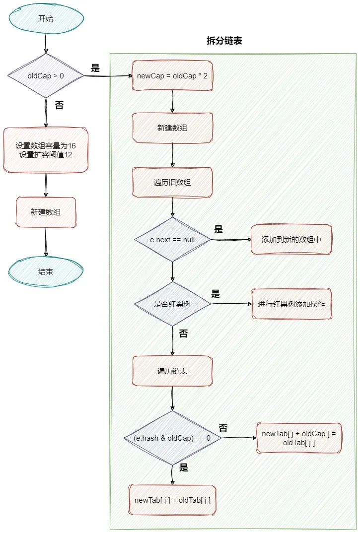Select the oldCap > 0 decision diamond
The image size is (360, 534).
tap(46, 75)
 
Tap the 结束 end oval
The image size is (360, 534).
tap(46, 271)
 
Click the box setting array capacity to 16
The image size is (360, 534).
tap(46, 150)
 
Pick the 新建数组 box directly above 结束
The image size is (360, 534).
tap(46, 212)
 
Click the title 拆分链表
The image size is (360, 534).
tap(224, 41)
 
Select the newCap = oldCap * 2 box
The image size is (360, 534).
tap(172, 75)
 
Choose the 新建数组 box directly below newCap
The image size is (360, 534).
tap(172, 128)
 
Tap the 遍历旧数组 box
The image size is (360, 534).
tap(172, 182)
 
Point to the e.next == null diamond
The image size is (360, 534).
tap(172, 239)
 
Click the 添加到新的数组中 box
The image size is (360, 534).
tap(291, 239)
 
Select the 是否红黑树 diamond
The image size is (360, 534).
tap(172, 304)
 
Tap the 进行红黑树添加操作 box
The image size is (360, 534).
tap(291, 304)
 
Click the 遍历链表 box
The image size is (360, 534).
tap(172, 371)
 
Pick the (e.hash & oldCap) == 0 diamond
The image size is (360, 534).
tap(172, 438)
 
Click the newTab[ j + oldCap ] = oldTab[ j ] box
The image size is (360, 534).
tap(299, 438)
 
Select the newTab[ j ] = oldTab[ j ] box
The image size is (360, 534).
tap(172, 499)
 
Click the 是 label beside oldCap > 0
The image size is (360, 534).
tap(95, 68)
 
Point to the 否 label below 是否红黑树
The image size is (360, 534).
tap(183, 334)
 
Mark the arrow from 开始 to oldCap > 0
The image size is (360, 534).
tap(46, 42)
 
